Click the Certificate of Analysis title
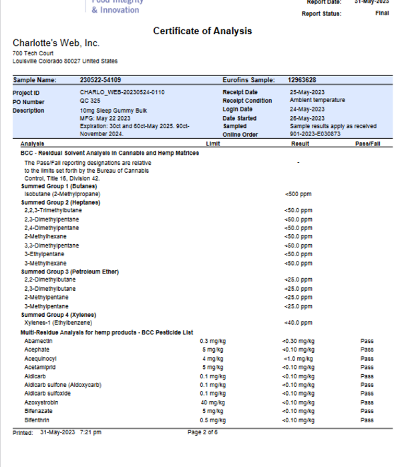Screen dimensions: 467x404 pos(202,31)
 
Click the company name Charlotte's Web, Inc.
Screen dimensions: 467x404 pos(56,43)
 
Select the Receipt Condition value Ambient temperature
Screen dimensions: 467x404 pos(317,101)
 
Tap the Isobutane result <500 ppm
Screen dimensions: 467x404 pos(298,194)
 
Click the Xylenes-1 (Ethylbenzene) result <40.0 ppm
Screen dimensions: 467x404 pos(298,324)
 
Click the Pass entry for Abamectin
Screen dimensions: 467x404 pos(367,341)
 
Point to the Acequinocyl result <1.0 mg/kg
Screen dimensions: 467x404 pos(298,358)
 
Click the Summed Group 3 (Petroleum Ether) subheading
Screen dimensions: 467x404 pos(61,272)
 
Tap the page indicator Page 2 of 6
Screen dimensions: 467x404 pos(202,432)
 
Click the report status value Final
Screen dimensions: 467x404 pos(382,13)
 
